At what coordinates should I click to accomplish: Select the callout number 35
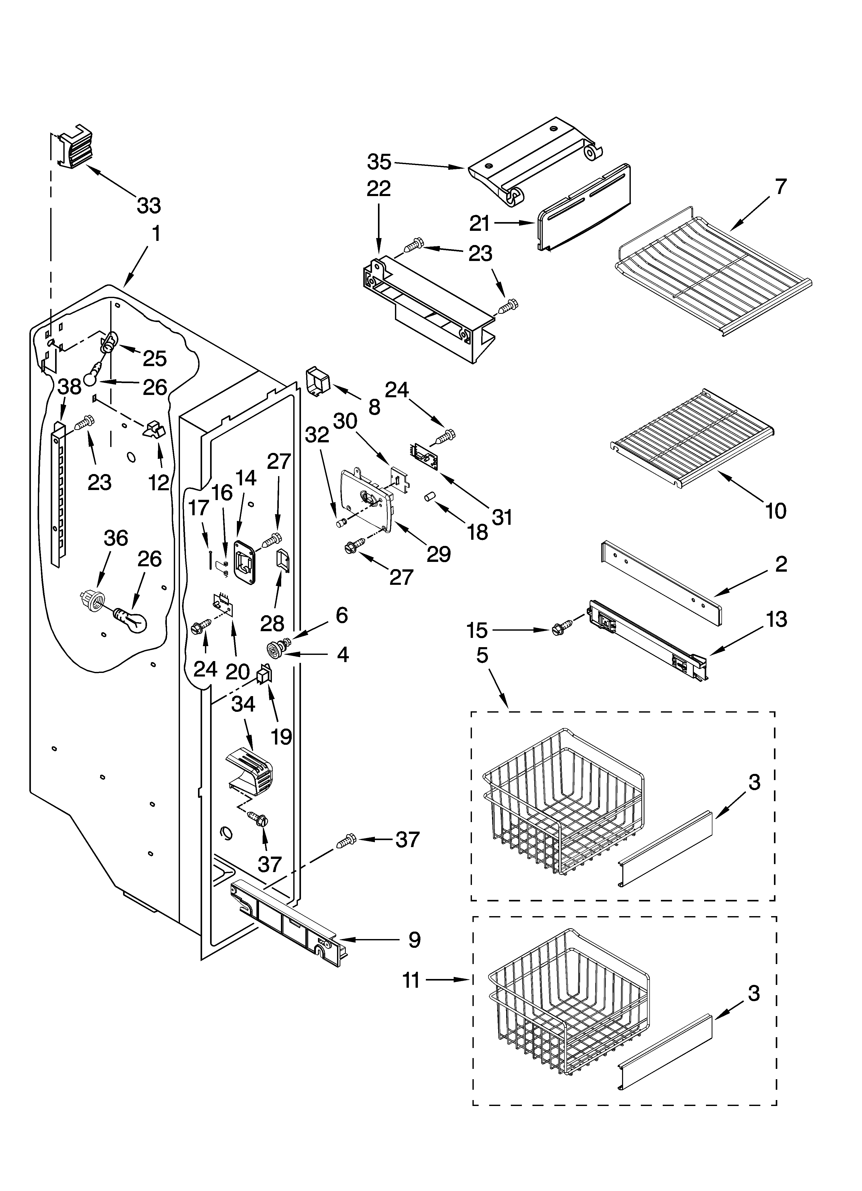click(379, 162)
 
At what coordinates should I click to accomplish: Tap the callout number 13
click(777, 620)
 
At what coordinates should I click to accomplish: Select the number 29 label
click(438, 553)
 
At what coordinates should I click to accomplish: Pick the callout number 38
click(69, 387)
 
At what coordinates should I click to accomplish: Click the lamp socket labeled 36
click(92, 600)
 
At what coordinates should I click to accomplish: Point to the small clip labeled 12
click(154, 429)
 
